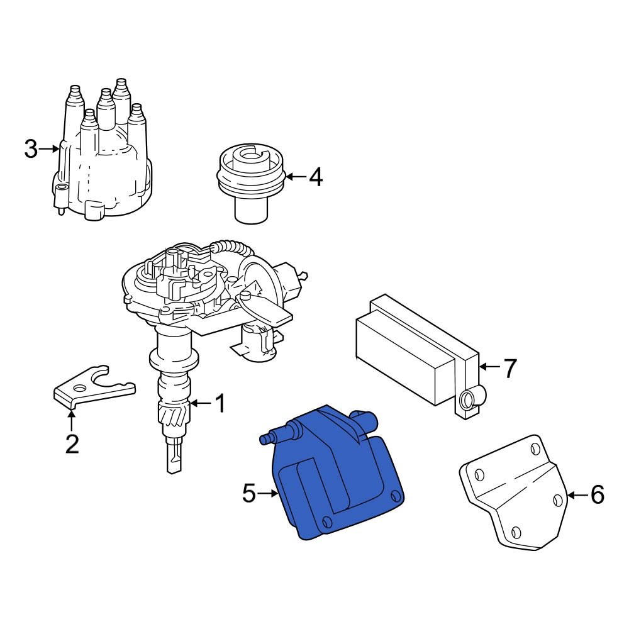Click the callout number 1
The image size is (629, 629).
pyautogui.click(x=220, y=404)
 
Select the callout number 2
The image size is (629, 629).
pyautogui.click(x=72, y=444)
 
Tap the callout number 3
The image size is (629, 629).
pyautogui.click(x=31, y=150)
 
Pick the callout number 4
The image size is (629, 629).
pyautogui.click(x=316, y=177)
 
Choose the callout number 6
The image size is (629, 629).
pyautogui.click(x=597, y=495)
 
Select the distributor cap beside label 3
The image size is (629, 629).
pyautogui.click(x=104, y=164)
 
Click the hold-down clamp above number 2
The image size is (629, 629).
pyautogui.click(x=91, y=385)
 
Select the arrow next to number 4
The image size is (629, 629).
pyautogui.click(x=296, y=177)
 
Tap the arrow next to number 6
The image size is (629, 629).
pyautogui.click(x=577, y=495)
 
